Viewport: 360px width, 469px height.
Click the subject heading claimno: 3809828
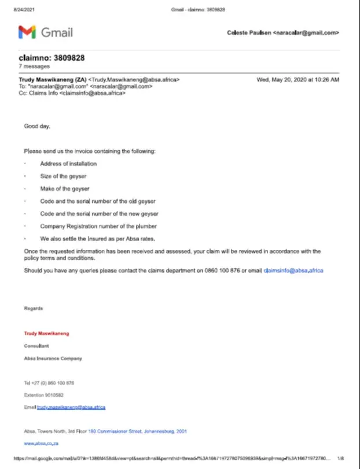click(x=52, y=58)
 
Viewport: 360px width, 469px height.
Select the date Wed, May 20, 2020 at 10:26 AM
click(x=297, y=80)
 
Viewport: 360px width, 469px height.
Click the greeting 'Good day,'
click(x=37, y=125)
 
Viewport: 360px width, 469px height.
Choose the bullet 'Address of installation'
click(x=68, y=164)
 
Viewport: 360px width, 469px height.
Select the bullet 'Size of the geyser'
click(x=63, y=176)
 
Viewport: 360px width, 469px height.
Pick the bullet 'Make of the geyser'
click(x=64, y=189)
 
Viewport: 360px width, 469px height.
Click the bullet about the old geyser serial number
click(x=97, y=201)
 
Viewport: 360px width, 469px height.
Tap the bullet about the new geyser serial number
click(x=98, y=213)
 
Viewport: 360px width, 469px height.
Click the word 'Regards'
click(x=33, y=308)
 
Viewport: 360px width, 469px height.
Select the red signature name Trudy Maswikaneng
click(x=47, y=333)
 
